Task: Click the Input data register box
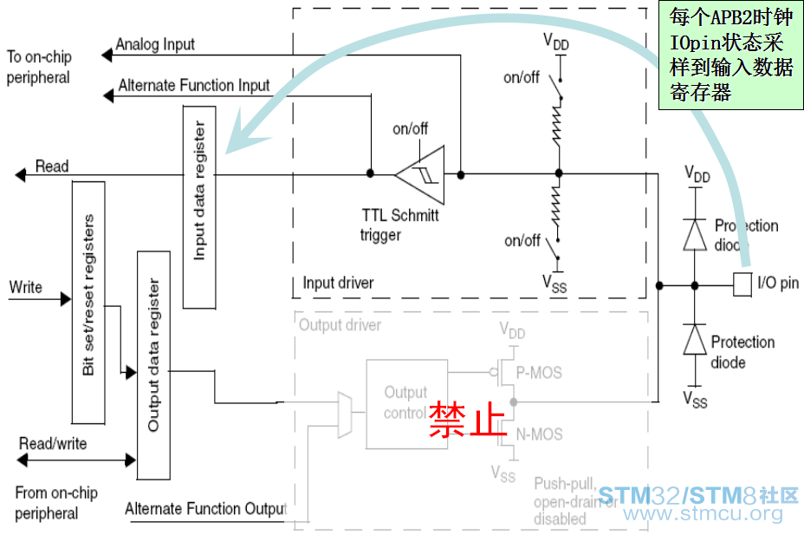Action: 199,206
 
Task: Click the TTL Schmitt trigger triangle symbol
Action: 419,174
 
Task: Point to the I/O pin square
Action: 742,284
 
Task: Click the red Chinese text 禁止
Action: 468,419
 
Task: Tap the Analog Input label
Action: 155,44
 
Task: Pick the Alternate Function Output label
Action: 205,509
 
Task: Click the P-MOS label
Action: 539,373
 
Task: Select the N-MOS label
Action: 539,434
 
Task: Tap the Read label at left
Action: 51,166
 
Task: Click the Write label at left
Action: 26,287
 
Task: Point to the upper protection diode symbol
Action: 694,234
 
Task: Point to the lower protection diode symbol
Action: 694,341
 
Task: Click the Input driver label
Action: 338,284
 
